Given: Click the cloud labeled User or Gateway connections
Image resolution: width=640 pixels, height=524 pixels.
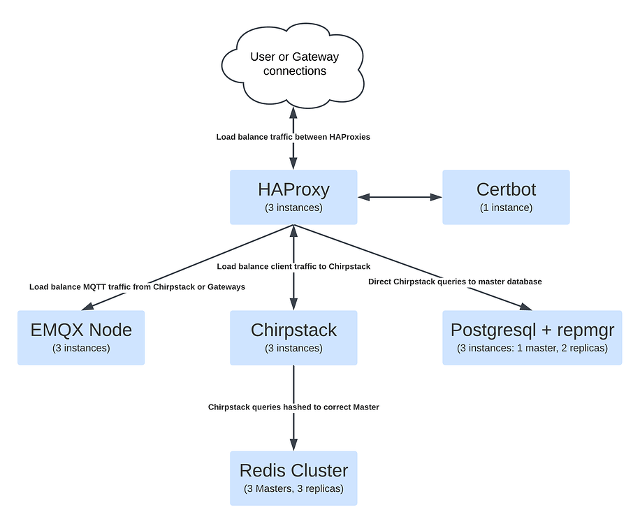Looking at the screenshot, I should coord(293,64).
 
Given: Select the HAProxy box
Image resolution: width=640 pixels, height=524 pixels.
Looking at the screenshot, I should coord(293,197).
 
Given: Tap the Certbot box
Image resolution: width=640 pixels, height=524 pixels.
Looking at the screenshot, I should coord(506,197).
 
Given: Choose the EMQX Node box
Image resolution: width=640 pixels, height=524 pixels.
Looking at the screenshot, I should coord(81,337).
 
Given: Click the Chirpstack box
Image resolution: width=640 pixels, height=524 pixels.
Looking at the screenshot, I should coord(293,337).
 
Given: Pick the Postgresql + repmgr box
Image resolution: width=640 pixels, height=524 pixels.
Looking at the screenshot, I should coord(532,337).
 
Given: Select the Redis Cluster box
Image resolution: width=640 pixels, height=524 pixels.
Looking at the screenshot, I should coord(293,478).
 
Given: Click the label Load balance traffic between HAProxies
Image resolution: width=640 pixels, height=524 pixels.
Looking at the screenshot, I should coord(293,137).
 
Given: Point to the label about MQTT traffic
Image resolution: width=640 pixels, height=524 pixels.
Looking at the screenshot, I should coord(137,286).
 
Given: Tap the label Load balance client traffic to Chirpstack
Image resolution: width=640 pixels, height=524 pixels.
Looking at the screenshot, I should coord(293,266).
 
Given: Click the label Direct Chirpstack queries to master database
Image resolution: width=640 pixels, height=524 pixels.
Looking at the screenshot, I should coord(455,282).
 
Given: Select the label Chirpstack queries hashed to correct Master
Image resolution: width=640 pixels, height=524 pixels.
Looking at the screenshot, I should coord(293,407).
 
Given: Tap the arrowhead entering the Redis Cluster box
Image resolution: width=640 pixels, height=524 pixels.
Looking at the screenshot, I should coord(293,444).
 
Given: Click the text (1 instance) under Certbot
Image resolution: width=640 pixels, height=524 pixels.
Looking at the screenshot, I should coord(506,208).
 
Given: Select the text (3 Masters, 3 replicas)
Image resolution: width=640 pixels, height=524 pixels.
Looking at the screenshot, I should coord(293,488).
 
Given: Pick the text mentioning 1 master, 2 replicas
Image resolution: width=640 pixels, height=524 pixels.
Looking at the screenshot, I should coord(532,348).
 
